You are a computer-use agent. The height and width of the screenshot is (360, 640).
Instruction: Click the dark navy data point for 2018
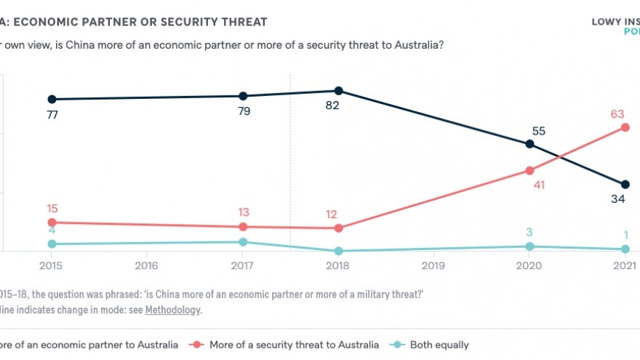(x=338, y=91)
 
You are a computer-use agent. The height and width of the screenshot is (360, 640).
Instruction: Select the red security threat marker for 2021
(x=625, y=127)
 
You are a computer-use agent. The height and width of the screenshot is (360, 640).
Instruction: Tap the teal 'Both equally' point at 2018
(x=338, y=251)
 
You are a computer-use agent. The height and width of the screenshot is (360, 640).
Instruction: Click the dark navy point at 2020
(x=529, y=144)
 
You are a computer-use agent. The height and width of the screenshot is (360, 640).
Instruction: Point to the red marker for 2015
(x=52, y=222)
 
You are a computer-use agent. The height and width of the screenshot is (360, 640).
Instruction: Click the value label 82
(x=333, y=105)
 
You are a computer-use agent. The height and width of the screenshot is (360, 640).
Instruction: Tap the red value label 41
(x=538, y=185)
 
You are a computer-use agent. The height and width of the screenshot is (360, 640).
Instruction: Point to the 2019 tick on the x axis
(x=433, y=265)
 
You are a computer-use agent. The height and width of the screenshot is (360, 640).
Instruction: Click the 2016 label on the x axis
(x=147, y=265)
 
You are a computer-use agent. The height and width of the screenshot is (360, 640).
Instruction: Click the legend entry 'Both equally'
(x=438, y=345)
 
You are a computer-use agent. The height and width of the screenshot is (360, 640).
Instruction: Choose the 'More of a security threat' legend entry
(x=294, y=345)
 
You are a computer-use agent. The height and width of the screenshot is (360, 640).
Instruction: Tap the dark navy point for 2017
(x=243, y=96)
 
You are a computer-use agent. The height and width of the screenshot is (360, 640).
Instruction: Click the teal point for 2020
(x=529, y=247)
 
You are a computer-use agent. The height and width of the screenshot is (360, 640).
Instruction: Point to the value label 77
(x=52, y=114)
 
